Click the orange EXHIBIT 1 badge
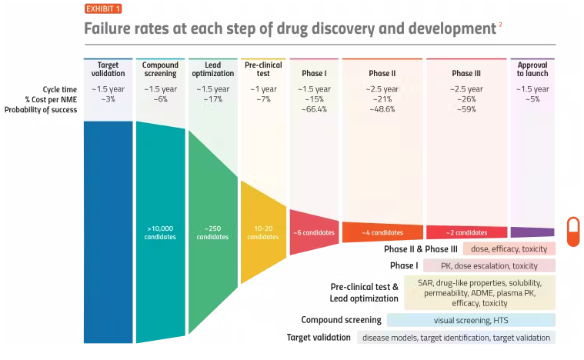(x=102, y=9)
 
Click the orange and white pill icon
(x=573, y=232)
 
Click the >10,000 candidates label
(x=161, y=232)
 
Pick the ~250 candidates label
(x=212, y=232)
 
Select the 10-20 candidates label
(x=263, y=232)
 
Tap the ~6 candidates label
(x=313, y=232)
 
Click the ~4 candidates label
(x=382, y=232)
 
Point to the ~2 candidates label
(x=466, y=232)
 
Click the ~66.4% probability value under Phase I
(x=313, y=109)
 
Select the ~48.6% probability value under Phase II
(x=382, y=109)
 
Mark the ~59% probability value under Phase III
(x=466, y=109)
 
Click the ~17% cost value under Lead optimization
(x=212, y=99)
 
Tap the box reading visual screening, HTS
(x=471, y=320)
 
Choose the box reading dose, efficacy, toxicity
(x=509, y=249)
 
